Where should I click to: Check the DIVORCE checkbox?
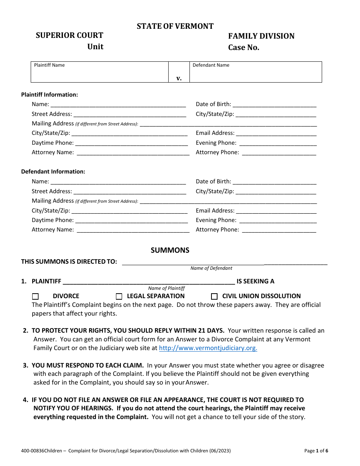35,296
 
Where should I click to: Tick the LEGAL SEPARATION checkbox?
119,296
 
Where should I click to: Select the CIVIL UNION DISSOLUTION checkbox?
214,296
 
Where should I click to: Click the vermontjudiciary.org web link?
208,348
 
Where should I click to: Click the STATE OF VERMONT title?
175,26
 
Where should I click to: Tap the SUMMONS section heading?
170,250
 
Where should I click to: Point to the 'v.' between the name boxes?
179,78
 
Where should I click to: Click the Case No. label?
244,48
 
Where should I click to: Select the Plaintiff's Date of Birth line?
274,105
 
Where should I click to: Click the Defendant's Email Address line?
276,211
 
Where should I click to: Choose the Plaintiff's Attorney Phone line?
279,153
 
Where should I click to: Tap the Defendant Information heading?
53,172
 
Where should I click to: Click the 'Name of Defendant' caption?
211,268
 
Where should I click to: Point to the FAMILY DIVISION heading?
261,36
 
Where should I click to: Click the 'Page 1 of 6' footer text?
316,451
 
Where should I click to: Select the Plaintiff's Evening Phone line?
278,143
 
